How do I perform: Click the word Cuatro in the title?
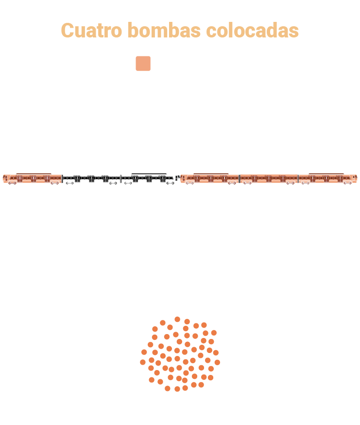91,30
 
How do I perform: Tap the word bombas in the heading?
164,30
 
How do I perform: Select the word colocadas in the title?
253,30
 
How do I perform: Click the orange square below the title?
143,63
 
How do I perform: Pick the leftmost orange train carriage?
33,178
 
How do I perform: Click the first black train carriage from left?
91,179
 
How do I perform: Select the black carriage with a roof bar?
148,178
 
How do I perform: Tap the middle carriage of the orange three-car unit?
269,179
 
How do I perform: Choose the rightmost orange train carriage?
328,178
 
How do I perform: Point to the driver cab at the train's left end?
5,178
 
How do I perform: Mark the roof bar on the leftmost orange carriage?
34,174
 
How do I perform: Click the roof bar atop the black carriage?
149,174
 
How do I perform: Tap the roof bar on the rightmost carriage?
326,174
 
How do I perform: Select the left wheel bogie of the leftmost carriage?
13,183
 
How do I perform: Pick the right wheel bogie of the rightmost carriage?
347,183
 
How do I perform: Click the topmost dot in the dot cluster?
177,319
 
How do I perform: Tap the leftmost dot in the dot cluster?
143,362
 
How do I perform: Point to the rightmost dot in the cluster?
217,362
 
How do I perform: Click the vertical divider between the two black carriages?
121,179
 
